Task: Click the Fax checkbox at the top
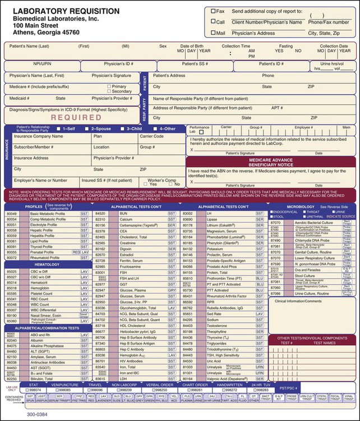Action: click(214, 11)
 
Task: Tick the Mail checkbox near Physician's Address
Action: click(214, 33)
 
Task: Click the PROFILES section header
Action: click(34, 206)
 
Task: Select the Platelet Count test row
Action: click(42, 294)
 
